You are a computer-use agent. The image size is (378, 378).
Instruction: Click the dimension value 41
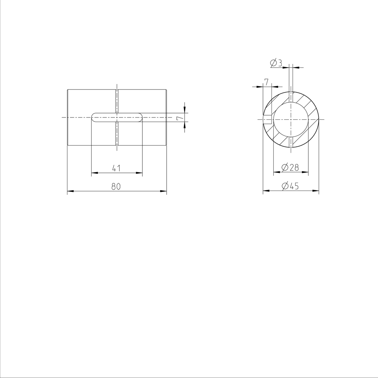[116, 168]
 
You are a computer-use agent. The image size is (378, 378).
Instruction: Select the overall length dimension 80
[116, 186]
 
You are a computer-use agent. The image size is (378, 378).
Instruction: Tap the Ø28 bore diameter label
[290, 168]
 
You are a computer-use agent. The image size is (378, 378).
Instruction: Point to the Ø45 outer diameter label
[290, 186]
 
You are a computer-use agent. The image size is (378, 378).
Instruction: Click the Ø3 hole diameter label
[276, 63]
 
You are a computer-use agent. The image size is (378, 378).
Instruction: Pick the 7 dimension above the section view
[266, 82]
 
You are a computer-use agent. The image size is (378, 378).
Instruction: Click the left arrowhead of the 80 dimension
[71, 191]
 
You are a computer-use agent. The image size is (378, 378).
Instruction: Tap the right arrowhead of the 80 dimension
[163, 191]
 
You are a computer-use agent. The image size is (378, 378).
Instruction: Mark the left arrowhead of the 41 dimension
[94, 173]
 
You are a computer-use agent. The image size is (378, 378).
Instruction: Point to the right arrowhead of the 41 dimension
[139, 173]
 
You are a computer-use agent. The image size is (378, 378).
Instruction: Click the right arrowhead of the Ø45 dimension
[316, 191]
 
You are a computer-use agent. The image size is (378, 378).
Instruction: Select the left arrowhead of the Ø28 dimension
[277, 172]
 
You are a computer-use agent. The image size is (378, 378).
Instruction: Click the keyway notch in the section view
[267, 120]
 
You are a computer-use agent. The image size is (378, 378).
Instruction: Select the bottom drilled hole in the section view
[291, 142]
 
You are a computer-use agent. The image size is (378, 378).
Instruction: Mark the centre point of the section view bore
[291, 120]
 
